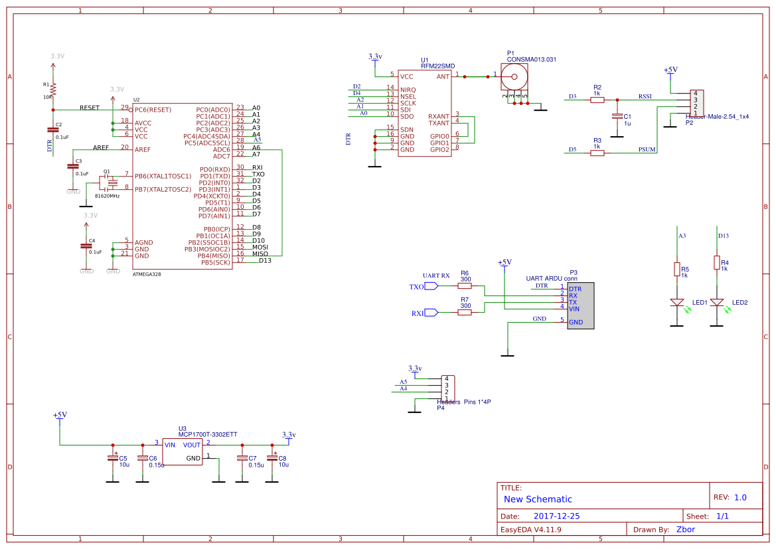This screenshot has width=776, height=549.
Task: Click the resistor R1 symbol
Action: click(53, 90)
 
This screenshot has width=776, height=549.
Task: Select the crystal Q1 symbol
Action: click(111, 183)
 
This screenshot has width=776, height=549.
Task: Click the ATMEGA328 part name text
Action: click(147, 274)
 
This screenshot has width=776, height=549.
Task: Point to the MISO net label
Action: click(260, 254)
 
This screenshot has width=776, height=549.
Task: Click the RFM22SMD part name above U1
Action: click(438, 66)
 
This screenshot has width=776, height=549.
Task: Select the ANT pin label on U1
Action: click(443, 76)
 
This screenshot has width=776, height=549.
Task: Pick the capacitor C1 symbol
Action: click(617, 116)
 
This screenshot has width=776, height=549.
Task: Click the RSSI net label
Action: click(645, 96)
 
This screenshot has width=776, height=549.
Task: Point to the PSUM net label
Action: click(647, 149)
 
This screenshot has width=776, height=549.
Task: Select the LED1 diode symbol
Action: click(677, 302)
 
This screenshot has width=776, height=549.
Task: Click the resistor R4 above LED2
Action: click(716, 263)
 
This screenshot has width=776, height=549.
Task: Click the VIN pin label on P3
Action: click(575, 309)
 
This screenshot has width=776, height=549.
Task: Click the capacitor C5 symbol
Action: click(113, 457)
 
